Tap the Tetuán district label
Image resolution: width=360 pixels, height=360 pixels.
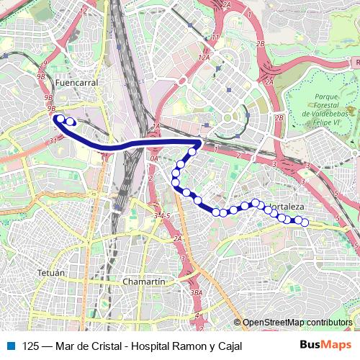50,274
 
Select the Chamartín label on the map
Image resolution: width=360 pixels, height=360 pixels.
145,282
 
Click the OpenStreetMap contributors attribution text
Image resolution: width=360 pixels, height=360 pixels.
297,323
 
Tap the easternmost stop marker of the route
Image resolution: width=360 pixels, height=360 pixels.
304,222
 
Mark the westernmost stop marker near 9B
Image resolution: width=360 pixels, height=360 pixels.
61,120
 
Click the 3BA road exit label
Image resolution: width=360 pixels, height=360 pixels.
197,293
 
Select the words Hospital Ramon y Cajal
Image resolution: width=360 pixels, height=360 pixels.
184,346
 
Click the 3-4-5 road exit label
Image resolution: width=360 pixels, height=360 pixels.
162,215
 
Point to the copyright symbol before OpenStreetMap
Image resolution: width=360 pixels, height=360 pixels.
238,323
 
